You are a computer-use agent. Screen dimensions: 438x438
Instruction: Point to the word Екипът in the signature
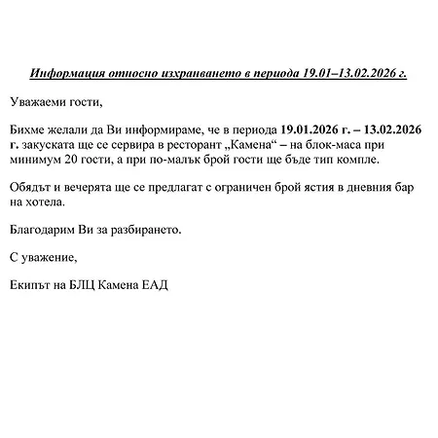coord(32,284)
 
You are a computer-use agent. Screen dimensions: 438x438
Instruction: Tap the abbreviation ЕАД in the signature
coord(156,284)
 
